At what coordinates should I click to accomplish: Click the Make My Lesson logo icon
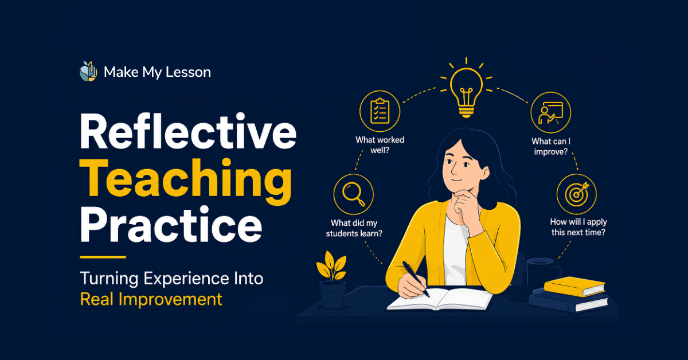click(88, 72)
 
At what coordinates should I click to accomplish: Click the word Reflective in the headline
click(188, 131)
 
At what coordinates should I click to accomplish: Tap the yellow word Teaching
click(186, 181)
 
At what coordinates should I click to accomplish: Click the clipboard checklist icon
click(380, 111)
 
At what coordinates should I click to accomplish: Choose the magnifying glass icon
click(354, 194)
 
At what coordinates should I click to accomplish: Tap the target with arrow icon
click(577, 194)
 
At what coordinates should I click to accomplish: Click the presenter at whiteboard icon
click(551, 113)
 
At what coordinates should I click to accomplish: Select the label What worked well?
click(380, 145)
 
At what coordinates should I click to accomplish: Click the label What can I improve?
click(551, 147)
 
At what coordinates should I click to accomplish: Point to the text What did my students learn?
click(354, 228)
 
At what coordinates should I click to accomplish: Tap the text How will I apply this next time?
click(578, 227)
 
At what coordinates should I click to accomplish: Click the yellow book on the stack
click(574, 286)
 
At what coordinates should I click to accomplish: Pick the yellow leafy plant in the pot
click(332, 267)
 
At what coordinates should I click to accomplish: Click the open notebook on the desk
click(440, 299)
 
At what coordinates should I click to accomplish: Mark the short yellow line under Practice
click(103, 257)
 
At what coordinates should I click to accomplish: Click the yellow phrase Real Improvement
click(151, 299)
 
